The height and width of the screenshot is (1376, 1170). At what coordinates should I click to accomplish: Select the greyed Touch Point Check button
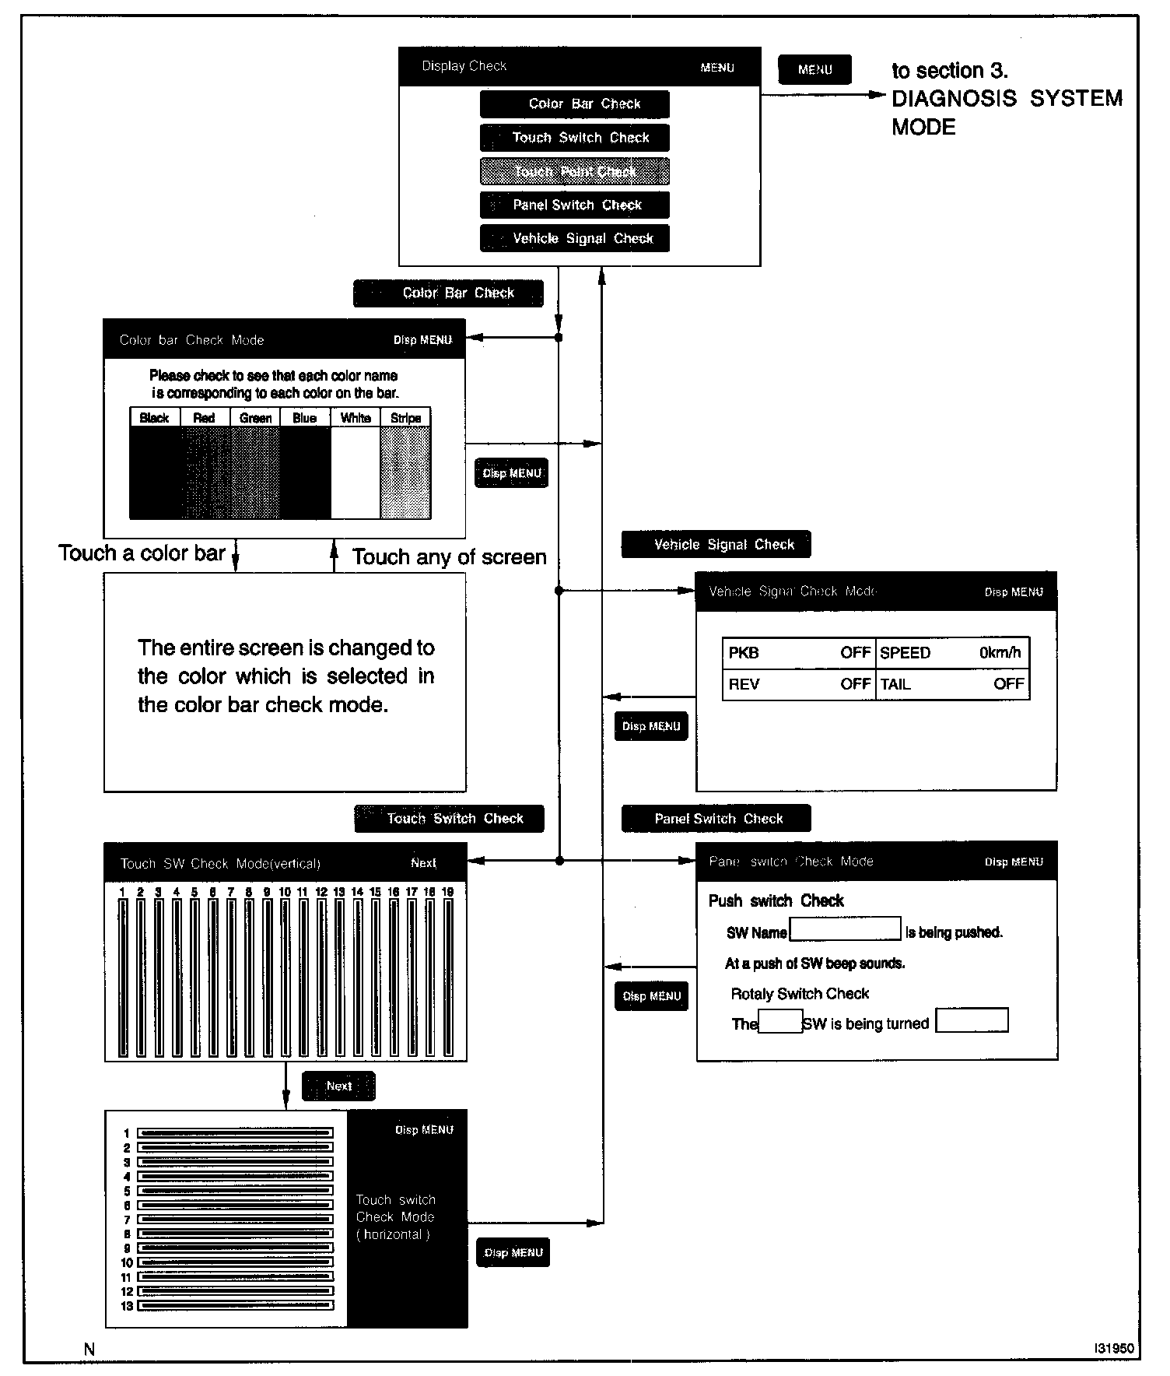[574, 171]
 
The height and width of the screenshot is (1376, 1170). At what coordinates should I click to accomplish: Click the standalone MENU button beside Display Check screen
[814, 69]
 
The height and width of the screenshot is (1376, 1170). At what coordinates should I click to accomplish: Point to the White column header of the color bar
[356, 418]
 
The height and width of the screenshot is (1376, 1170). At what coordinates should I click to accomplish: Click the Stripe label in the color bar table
[405, 418]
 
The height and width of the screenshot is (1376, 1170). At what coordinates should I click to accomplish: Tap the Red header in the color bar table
[204, 418]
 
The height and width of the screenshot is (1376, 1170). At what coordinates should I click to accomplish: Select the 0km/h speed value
[1000, 652]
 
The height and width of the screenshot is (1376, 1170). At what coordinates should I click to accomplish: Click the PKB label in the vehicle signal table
[744, 652]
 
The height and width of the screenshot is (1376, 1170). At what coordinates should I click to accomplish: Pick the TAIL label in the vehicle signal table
[895, 684]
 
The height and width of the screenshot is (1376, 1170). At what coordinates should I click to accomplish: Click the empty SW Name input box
[845, 928]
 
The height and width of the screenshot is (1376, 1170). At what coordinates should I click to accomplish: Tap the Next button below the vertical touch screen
[338, 1086]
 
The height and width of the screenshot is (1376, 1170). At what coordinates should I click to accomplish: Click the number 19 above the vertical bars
[447, 892]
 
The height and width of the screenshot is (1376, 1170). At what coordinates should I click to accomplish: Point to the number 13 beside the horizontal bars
[127, 1306]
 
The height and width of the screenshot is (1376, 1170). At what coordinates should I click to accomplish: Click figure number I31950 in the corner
[1113, 1348]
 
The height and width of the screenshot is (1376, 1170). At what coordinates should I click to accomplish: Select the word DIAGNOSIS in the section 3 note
[954, 99]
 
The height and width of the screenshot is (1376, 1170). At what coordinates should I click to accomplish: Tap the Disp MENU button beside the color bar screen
[511, 473]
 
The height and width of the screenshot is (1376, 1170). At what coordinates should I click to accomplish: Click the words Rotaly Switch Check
[800, 993]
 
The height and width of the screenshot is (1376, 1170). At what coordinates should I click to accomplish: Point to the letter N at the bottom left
[89, 1350]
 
